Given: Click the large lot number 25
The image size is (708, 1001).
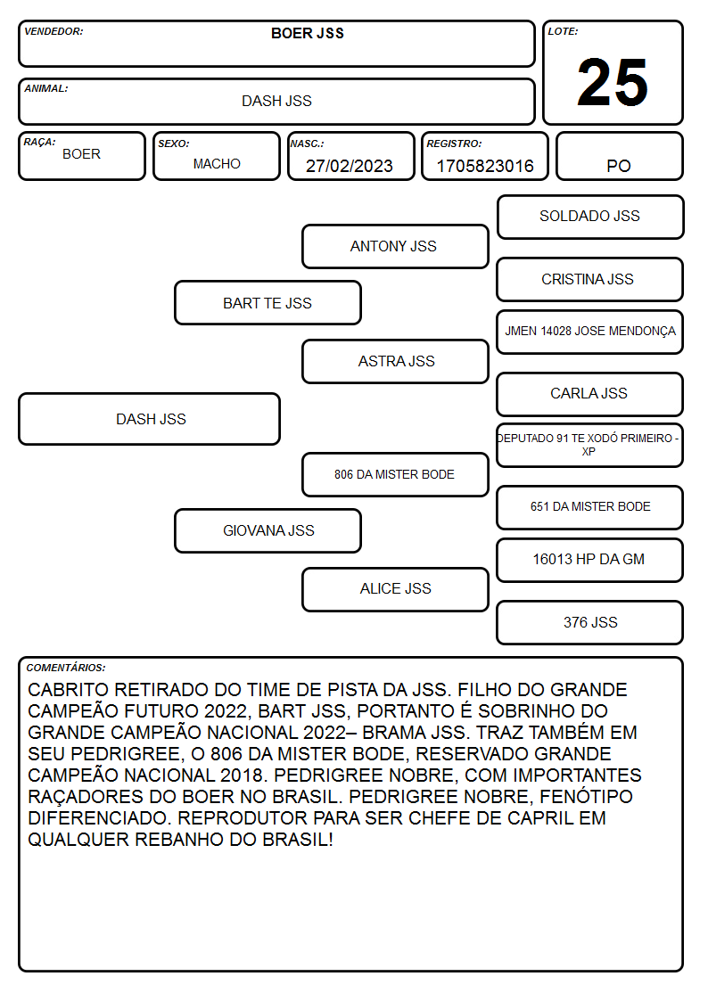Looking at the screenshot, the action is [x=613, y=82].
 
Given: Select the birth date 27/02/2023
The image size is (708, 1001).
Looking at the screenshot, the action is [x=350, y=166].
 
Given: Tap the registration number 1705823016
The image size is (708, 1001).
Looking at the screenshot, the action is [x=484, y=166].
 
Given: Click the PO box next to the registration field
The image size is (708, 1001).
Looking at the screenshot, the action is [x=619, y=156].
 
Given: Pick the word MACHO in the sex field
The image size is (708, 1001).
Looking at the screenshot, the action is [x=217, y=164].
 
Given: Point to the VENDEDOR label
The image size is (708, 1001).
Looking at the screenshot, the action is [x=54, y=31].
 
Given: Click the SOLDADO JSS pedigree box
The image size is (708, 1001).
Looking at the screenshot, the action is [x=590, y=217].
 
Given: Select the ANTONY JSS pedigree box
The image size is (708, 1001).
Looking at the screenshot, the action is [x=395, y=246].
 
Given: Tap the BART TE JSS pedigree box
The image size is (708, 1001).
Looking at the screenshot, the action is [x=268, y=303].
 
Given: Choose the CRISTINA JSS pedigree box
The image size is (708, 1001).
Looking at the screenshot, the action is [x=590, y=279].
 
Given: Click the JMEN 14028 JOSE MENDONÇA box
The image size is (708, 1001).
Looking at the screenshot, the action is [x=590, y=332].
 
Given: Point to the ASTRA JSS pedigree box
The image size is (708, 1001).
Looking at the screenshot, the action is [x=395, y=361].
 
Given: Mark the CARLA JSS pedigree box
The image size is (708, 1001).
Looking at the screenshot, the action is [x=590, y=394].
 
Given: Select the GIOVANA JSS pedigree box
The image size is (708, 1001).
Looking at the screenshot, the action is [x=268, y=530].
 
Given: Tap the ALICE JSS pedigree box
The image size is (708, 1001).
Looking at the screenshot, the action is [x=395, y=589].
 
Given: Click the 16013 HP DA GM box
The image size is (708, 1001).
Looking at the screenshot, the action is [x=590, y=560].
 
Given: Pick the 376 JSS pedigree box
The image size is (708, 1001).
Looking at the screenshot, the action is [x=590, y=622].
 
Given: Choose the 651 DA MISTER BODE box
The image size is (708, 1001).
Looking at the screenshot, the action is [x=590, y=507].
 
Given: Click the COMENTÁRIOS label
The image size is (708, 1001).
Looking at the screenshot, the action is [x=66, y=668].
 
